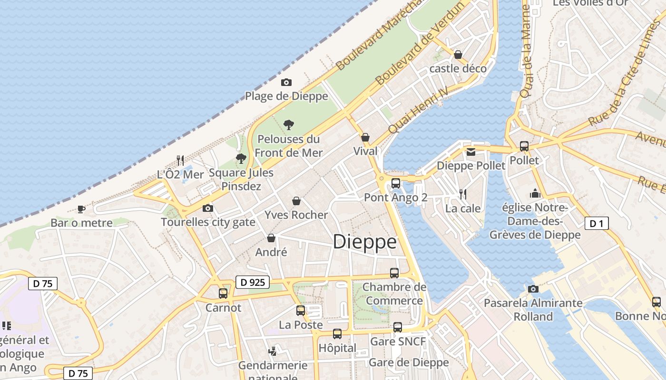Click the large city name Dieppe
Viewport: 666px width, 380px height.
(x=365, y=242)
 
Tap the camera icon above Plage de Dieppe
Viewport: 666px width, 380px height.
(x=286, y=82)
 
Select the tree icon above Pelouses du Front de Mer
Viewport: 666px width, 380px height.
(x=288, y=125)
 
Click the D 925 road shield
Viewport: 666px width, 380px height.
(x=253, y=282)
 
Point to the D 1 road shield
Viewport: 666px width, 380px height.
(x=597, y=223)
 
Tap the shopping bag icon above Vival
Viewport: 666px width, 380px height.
(x=365, y=137)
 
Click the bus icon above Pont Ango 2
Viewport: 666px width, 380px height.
(x=396, y=183)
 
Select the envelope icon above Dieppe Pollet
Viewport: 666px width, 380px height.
(x=471, y=152)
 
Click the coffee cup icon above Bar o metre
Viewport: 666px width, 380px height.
(x=81, y=209)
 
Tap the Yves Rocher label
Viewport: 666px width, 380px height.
(x=296, y=215)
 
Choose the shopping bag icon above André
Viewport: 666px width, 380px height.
(x=271, y=238)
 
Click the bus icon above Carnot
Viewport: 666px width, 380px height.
(x=223, y=293)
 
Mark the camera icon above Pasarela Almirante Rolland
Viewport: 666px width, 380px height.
(x=533, y=289)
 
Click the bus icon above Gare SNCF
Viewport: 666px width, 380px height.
(x=398, y=327)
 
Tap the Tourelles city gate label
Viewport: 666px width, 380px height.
(x=208, y=222)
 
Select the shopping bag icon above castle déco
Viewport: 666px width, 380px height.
(x=458, y=55)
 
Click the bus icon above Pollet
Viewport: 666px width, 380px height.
(x=524, y=146)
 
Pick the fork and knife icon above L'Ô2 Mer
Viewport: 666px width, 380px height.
(x=180, y=160)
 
